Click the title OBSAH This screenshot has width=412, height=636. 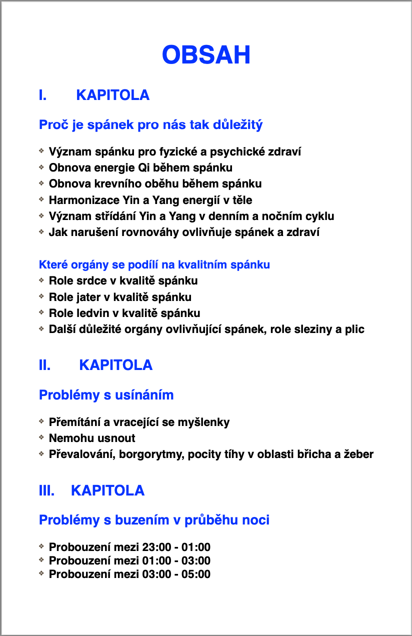[206, 54]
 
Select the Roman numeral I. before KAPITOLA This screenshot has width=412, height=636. [43, 95]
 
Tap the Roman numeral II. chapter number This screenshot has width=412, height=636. [44, 365]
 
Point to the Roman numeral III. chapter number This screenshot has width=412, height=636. [46, 490]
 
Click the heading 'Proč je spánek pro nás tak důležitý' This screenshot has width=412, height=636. [150, 124]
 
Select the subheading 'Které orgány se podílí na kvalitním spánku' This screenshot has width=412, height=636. [154, 264]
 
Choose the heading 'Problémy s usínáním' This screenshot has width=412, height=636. [106, 395]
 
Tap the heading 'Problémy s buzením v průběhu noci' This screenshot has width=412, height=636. [154, 520]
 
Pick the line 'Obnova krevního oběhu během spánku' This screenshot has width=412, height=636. [155, 183]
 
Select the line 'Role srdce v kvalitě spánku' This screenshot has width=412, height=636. [123, 280]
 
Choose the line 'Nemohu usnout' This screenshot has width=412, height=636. [92, 438]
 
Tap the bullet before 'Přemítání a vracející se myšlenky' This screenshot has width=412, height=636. [41, 421]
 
